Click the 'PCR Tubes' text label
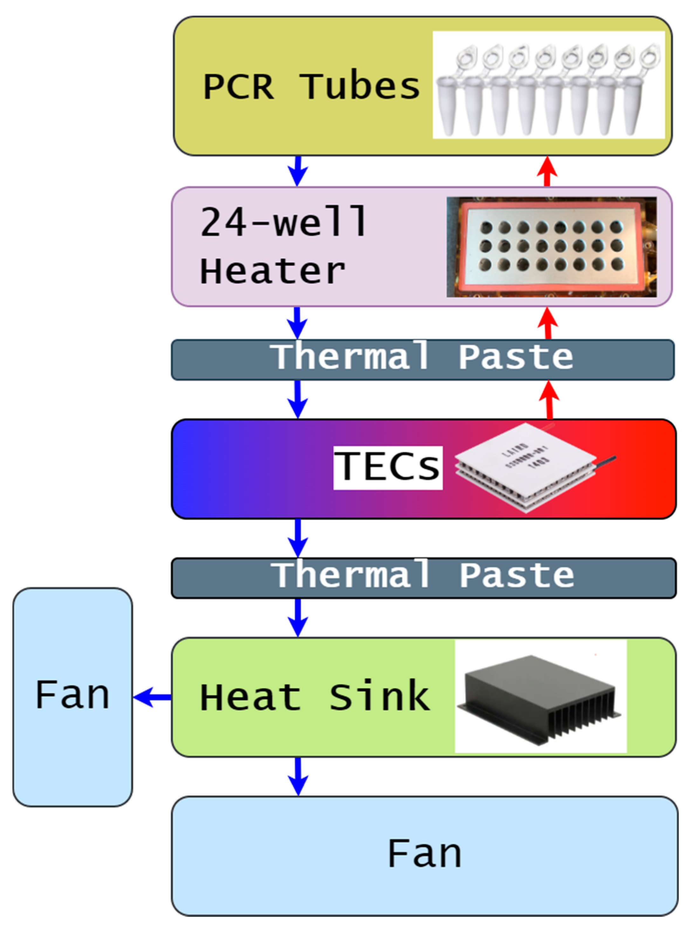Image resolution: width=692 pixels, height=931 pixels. click(x=311, y=87)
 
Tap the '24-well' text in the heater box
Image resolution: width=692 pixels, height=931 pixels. click(x=284, y=222)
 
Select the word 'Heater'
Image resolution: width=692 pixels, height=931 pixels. click(x=273, y=271)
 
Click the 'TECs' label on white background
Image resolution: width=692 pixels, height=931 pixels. click(x=388, y=467)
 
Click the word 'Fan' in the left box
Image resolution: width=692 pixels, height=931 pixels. click(x=72, y=695)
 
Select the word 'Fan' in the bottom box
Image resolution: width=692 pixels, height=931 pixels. click(x=424, y=854)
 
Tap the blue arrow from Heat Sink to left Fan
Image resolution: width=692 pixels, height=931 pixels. click(x=152, y=697)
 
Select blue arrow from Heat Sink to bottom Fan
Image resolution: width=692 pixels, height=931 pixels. click(x=298, y=776)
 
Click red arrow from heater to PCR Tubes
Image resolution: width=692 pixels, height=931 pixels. click(x=547, y=171)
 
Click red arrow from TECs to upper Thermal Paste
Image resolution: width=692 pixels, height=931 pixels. click(x=550, y=400)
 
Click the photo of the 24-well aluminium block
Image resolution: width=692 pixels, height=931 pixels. click(x=551, y=247)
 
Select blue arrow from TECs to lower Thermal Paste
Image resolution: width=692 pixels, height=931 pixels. click(x=298, y=538)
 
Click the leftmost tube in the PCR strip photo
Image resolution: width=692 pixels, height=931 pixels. click(x=447, y=105)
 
